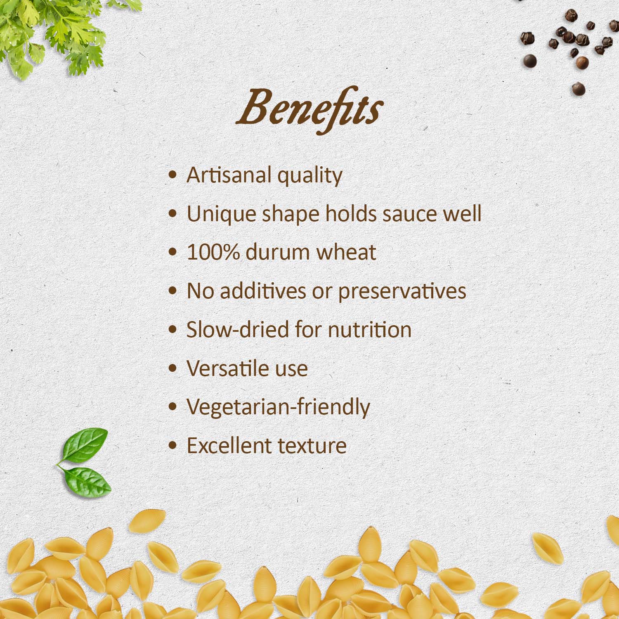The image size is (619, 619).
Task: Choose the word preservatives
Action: [402, 291]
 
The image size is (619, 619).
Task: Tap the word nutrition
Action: [369, 330]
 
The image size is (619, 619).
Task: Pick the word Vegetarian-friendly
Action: [278, 407]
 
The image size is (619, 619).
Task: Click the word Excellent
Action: [229, 446]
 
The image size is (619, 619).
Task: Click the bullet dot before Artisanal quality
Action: [173, 175]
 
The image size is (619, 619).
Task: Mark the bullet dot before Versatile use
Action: [173, 368]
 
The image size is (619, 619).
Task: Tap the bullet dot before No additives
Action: [173, 291]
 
